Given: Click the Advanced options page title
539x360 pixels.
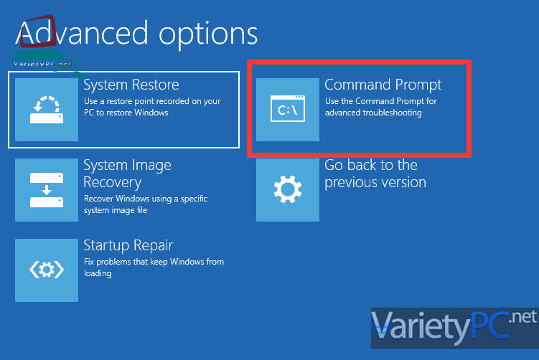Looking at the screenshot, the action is tap(136, 34).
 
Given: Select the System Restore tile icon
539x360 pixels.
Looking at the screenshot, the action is tap(47, 110).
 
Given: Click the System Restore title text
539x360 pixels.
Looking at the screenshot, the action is tap(131, 85).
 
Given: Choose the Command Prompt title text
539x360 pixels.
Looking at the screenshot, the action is tap(383, 85).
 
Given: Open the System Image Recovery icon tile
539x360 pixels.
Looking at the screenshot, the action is tap(47, 190).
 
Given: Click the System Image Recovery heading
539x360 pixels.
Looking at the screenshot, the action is tap(128, 174).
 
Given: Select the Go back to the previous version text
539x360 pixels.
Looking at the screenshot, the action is tap(375, 174).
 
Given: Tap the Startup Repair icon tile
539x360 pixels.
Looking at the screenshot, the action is tap(47, 270).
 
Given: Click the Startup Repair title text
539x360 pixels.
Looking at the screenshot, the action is tap(128, 246).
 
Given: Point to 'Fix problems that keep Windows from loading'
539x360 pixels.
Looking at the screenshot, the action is tap(154, 267).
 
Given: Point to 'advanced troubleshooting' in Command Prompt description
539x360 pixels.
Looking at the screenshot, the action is tap(373, 113).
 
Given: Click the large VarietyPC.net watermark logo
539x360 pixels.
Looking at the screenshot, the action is tap(454, 328).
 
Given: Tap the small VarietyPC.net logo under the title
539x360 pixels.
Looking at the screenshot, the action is tap(43, 64).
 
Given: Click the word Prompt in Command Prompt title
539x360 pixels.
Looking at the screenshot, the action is tap(418, 85).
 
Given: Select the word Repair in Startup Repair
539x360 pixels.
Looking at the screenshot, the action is tap(154, 246).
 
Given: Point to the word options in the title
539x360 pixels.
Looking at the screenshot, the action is tap(208, 35).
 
